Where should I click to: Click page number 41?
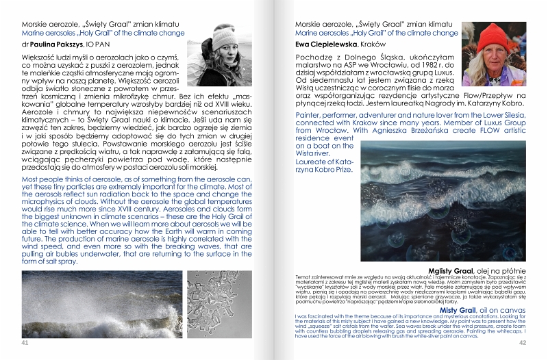[x=25, y=342]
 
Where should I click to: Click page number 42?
[x=522, y=343]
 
